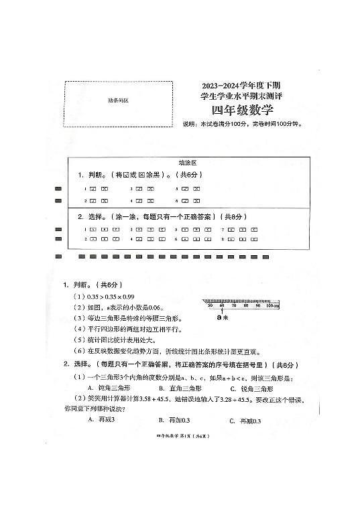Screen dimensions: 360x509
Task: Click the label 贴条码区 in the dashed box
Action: pos(117,100)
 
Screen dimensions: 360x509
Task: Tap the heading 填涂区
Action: pos(187,163)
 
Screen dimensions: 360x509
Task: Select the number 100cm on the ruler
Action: pos(272,305)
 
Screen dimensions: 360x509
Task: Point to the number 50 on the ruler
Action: pos(211,305)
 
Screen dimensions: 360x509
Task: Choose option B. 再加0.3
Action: pos(174,420)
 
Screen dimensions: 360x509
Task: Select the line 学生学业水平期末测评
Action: pos(233,98)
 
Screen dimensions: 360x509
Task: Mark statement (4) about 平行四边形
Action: pos(131,329)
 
